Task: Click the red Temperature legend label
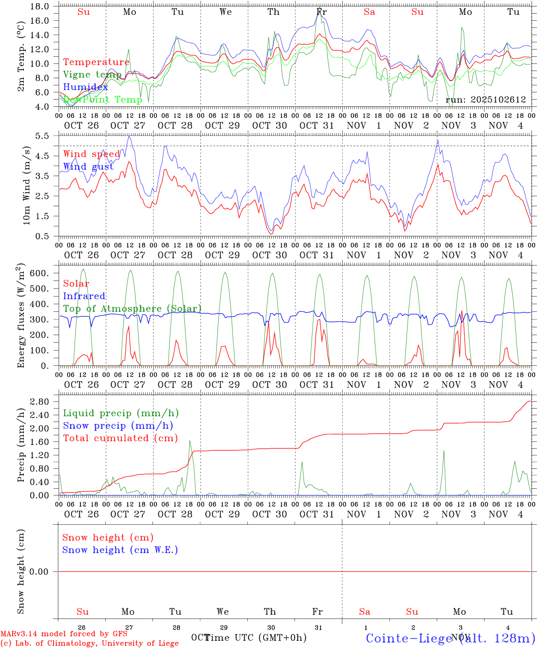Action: point(96,62)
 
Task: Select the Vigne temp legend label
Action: point(92,74)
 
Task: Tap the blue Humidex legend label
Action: point(85,87)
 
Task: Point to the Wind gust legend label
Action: point(88,166)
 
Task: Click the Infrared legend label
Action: point(84,296)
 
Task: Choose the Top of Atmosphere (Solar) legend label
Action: point(132,309)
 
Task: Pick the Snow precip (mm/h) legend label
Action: point(118,426)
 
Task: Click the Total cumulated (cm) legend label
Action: point(120,438)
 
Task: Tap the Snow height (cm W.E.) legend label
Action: point(120,550)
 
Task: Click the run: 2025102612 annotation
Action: point(485,100)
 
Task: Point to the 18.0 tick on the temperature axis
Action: point(41,6)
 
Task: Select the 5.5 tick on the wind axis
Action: point(43,135)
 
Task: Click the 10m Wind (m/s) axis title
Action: point(26,185)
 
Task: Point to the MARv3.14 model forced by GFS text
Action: point(64,634)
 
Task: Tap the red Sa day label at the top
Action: point(369,12)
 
